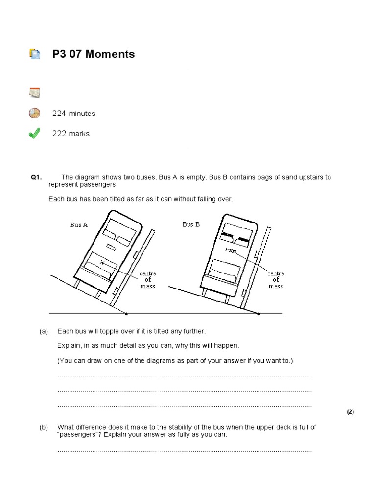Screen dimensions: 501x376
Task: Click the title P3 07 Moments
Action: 94,54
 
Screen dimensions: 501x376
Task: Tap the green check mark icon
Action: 34,133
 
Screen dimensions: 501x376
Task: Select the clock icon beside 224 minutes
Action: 34,113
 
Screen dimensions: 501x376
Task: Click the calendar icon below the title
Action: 34,92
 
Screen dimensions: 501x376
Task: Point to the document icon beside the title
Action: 34,54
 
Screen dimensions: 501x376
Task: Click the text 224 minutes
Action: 74,114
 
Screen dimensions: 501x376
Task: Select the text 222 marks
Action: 71,134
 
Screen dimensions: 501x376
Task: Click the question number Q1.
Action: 37,178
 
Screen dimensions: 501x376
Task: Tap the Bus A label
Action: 79,225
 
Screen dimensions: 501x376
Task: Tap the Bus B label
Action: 191,224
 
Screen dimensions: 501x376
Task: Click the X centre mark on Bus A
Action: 102,263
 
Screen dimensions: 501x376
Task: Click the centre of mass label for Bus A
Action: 147,280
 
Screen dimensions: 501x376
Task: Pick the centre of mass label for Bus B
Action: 276,280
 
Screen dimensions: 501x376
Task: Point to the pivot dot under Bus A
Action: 126,313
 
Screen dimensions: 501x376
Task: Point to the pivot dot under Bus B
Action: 259,313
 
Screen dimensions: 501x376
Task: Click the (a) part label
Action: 44,332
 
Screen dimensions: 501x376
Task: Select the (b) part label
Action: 44,427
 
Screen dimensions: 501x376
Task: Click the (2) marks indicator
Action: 350,412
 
